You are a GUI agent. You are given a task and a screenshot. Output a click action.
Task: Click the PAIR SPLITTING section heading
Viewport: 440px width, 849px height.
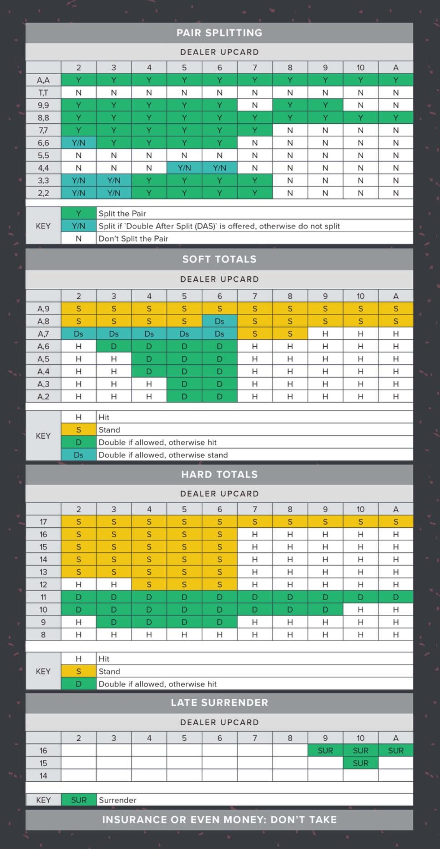coord(219,33)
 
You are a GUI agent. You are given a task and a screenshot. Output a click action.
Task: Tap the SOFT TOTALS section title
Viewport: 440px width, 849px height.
coord(219,259)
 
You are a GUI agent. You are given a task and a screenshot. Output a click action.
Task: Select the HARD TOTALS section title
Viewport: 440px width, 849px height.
coord(219,475)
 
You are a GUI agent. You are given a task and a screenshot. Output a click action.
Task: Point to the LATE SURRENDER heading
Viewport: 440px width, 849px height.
coord(219,702)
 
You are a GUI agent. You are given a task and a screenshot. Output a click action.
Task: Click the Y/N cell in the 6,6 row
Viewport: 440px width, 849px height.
coord(79,143)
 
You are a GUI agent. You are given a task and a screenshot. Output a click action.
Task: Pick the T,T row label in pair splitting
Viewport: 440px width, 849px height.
coord(43,93)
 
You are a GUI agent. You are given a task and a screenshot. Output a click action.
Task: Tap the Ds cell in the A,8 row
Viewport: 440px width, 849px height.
coord(219,321)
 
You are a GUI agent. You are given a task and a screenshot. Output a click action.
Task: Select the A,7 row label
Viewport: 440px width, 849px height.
coord(43,334)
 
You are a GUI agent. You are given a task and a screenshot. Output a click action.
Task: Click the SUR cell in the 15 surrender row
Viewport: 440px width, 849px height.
coord(360,763)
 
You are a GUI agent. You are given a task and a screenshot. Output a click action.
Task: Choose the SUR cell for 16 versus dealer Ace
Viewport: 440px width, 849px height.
coord(395,751)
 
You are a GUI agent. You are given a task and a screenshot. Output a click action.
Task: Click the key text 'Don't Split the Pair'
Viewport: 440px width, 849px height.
coord(133,239)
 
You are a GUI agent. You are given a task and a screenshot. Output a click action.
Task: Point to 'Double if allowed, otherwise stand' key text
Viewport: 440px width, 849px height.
coord(163,455)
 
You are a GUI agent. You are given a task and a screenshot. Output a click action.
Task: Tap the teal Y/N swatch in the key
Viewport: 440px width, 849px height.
coord(79,226)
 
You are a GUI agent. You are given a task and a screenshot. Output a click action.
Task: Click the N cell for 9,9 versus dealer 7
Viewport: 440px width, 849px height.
coord(255,105)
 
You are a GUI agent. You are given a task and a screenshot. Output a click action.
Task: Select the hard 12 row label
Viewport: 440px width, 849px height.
coord(43,585)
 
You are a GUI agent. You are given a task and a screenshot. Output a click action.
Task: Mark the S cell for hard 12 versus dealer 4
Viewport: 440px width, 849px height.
coord(149,585)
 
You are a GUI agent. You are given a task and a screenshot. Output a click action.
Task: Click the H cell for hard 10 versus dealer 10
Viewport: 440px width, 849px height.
coord(360,610)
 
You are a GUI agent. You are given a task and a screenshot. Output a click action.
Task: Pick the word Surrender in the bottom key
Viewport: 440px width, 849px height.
coord(117,800)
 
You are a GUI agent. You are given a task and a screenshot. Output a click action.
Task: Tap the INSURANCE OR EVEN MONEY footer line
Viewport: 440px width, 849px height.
coord(219,820)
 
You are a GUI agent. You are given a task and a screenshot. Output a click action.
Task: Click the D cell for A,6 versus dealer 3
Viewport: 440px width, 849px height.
coord(114,347)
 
